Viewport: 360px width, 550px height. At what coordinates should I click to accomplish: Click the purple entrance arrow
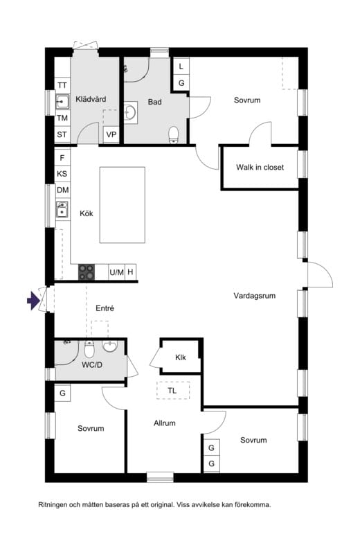pos(33,301)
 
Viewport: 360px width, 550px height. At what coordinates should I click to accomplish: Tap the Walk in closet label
pos(260,168)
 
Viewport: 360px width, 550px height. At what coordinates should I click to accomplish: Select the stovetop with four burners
pos(87,272)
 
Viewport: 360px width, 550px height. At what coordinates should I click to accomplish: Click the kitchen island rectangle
pos(123,205)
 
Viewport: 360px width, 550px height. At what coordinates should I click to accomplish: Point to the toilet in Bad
pos(174,135)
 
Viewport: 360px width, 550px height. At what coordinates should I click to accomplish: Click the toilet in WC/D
pos(89,349)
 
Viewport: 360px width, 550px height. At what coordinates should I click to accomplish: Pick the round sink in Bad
pos(131,112)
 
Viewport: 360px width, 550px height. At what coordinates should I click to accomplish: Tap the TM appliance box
pos(62,118)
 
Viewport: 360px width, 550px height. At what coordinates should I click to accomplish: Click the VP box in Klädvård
pos(111,134)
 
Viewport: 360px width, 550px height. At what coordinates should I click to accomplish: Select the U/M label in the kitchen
pos(117,272)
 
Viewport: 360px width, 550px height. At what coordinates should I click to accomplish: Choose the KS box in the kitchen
pos(62,174)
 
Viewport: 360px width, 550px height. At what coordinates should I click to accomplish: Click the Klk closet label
pos(181,357)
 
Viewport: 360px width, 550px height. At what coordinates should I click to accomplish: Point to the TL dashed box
pos(173,391)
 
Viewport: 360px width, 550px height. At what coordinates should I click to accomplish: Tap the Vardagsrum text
pos(255,296)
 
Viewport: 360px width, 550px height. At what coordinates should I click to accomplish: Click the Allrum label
pos(164,423)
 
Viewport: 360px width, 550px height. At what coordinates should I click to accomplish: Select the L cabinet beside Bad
pos(181,66)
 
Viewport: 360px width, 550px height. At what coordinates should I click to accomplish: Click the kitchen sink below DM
pos(62,210)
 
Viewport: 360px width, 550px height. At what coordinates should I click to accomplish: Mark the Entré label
pos(105,308)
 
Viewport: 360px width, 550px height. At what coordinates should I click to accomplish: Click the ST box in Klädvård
pos(62,134)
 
